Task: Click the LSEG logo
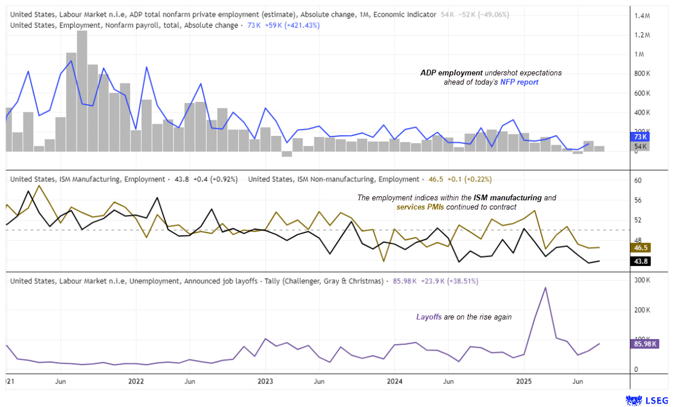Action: (647, 400)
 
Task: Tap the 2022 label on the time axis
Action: (136, 381)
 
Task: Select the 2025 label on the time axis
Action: (524, 381)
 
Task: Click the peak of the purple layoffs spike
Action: (546, 288)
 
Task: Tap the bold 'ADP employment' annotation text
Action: (451, 73)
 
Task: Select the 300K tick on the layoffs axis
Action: (642, 280)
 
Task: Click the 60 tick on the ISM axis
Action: (637, 180)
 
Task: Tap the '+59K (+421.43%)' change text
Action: (291, 25)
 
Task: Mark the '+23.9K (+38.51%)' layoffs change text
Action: (448, 281)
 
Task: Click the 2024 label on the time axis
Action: (395, 381)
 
